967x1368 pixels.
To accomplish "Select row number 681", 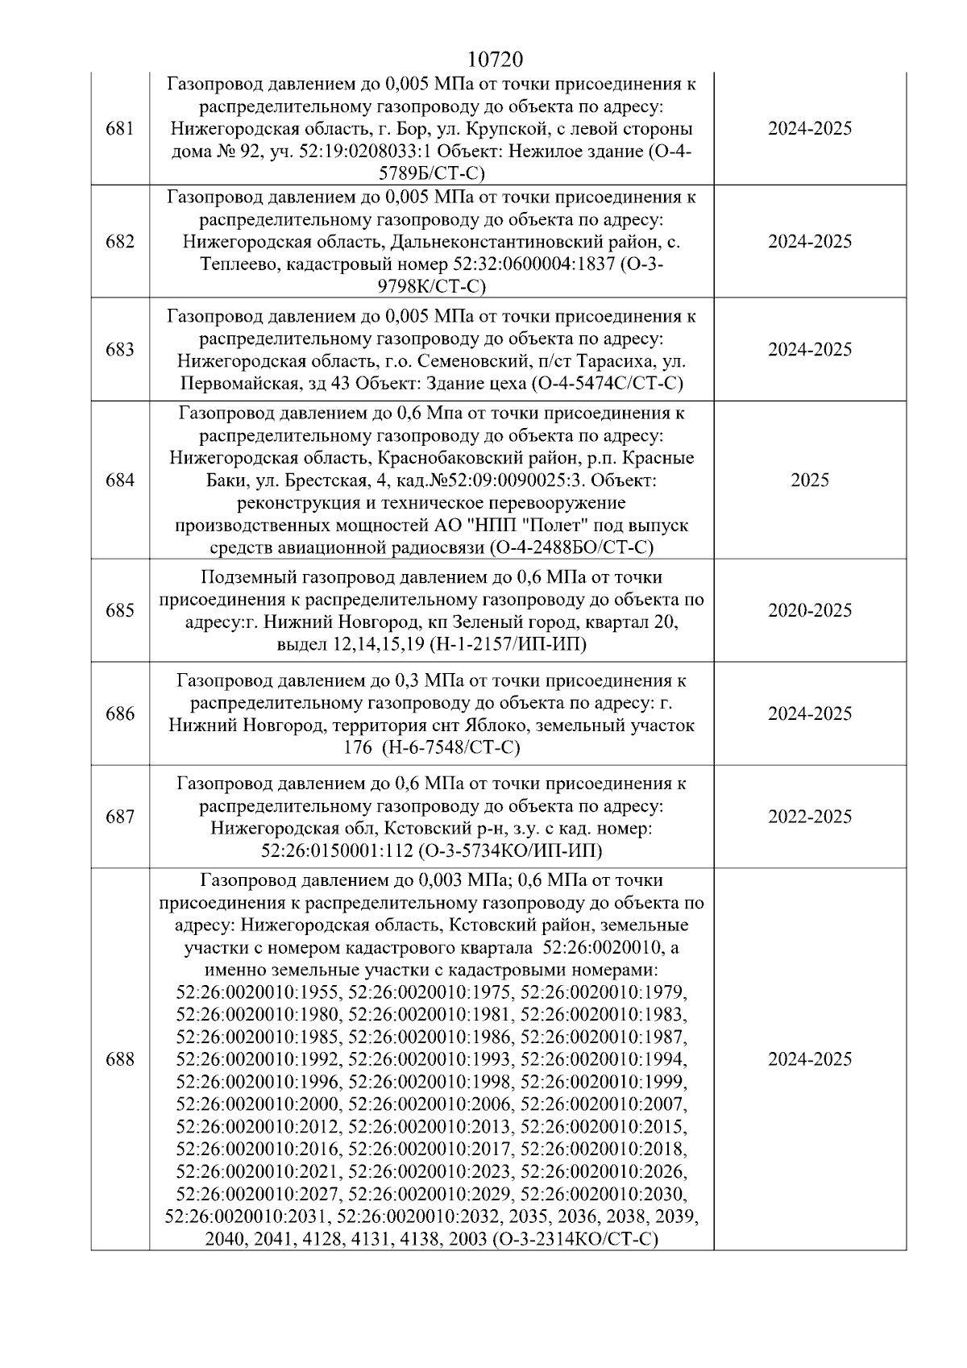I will click(119, 129).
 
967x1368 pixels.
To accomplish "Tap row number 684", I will click(119, 480).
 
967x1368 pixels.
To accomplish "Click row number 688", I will click(119, 1059).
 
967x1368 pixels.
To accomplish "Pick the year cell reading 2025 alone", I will click(809, 480).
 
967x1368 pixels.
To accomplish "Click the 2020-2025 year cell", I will click(809, 610).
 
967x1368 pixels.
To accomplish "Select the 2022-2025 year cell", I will click(809, 817).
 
